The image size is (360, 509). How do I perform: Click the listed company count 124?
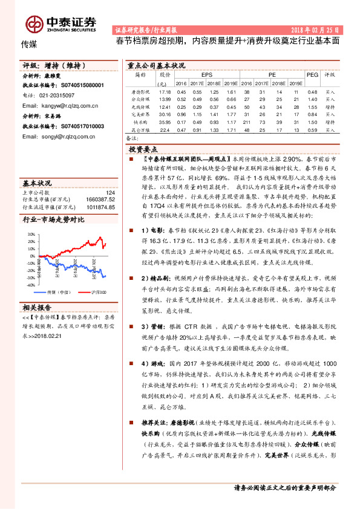110,192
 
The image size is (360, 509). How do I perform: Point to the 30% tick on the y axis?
31,233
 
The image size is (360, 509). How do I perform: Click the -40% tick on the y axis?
30,284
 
